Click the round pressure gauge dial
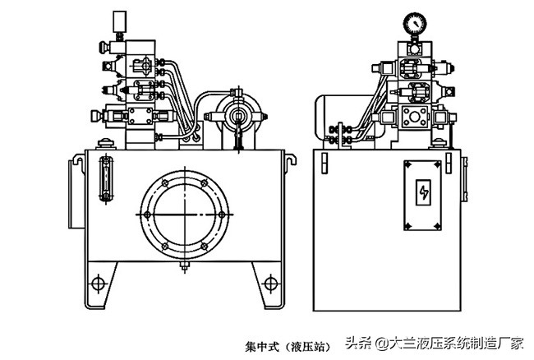pyautogui.click(x=417, y=21)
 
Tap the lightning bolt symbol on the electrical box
pyautogui.click(x=424, y=193)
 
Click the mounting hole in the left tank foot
pyautogui.click(x=98, y=284)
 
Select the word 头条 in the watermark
pyautogui.click(x=357, y=342)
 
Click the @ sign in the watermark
pyautogui.click(x=379, y=342)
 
